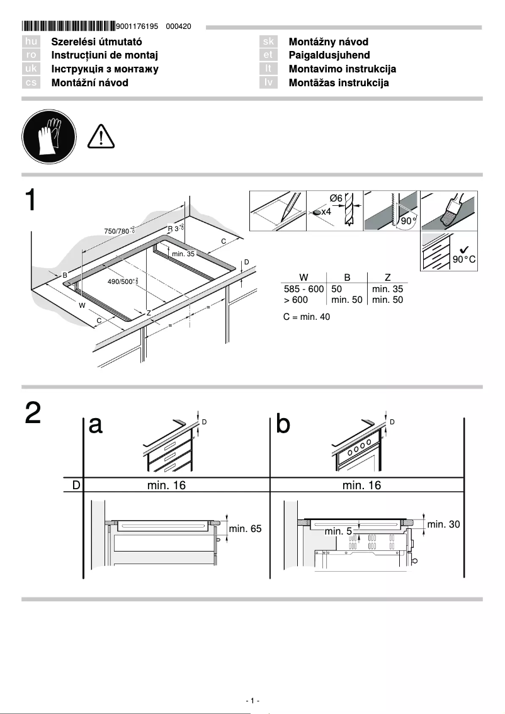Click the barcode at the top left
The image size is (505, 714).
pyautogui.click(x=68, y=26)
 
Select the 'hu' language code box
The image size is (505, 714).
pyautogui.click(x=31, y=42)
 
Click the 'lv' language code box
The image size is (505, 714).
pyautogui.click(x=269, y=82)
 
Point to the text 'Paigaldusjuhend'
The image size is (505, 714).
pyautogui.click(x=329, y=55)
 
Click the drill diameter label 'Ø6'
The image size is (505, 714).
pyautogui.click(x=336, y=198)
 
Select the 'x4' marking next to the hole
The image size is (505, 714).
pyautogui.click(x=326, y=212)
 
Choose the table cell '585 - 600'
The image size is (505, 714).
pyautogui.click(x=304, y=289)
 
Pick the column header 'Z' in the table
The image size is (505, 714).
pyautogui.click(x=387, y=276)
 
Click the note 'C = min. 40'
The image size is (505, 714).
pyautogui.click(x=306, y=317)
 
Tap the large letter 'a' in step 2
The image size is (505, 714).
pyautogui.click(x=96, y=425)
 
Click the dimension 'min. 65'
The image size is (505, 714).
pyautogui.click(x=245, y=529)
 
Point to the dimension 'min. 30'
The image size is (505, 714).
pyautogui.click(x=445, y=524)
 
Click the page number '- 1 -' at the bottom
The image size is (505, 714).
pyautogui.click(x=252, y=701)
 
